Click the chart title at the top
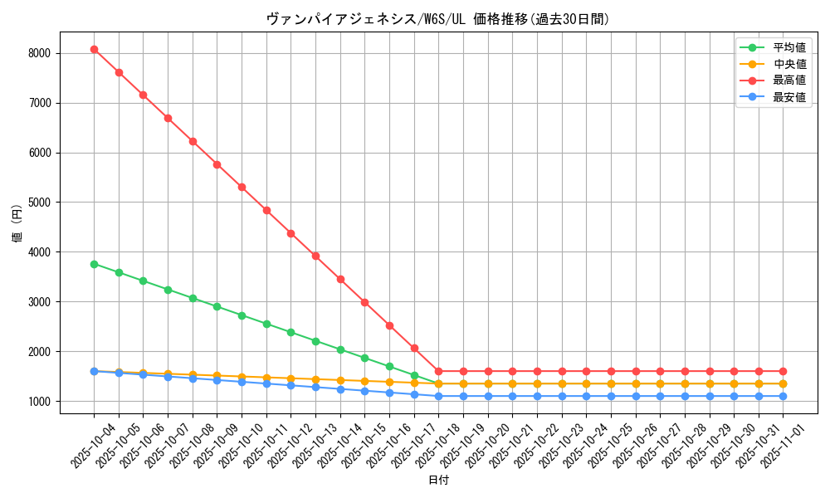(x=437, y=19)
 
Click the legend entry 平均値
(x=789, y=47)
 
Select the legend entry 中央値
(x=789, y=64)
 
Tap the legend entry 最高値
(x=789, y=81)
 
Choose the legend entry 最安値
(x=789, y=97)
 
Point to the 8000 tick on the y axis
(x=39, y=53)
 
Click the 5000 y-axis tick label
(x=39, y=203)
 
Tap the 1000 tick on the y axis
(x=39, y=402)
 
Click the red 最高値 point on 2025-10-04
(x=94, y=49)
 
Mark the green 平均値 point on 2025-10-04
(x=94, y=264)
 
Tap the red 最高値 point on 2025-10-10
(x=242, y=187)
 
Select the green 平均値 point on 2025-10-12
(x=290, y=332)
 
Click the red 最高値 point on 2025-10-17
(x=414, y=348)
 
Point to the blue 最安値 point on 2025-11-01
(x=783, y=396)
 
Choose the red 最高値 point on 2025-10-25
(x=611, y=371)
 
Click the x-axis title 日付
(x=437, y=481)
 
